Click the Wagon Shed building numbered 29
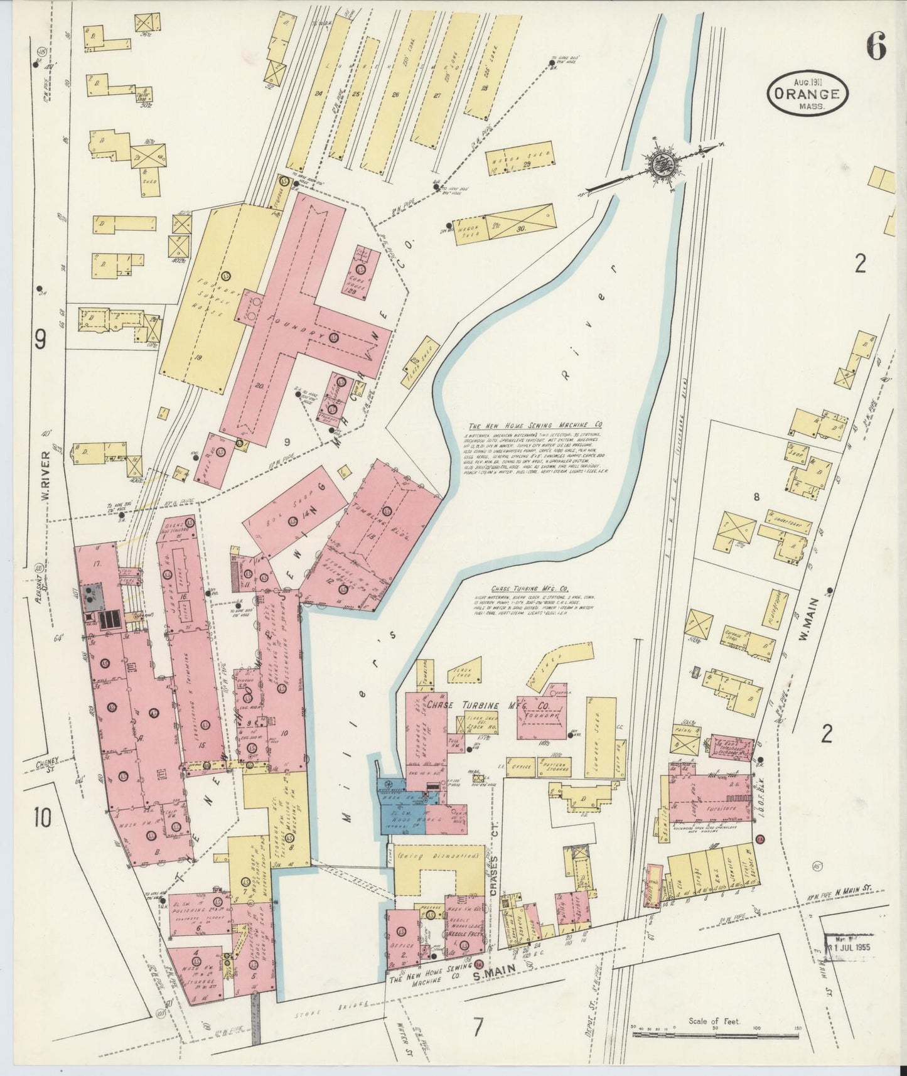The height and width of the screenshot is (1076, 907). click(x=520, y=160)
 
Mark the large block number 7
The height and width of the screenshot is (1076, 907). click(x=478, y=1028)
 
